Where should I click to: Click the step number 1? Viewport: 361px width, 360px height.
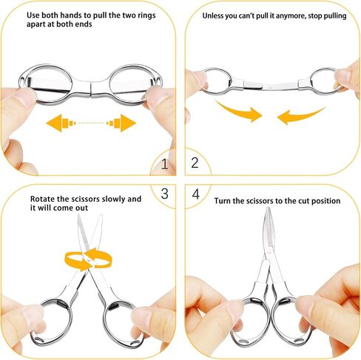click(x=164, y=163)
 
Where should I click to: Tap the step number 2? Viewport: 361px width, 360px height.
click(x=195, y=163)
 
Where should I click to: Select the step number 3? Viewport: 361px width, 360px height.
click(x=164, y=194)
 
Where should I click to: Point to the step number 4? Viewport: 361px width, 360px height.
click(x=195, y=194)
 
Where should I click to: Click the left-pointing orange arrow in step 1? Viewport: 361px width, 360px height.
click(x=61, y=123)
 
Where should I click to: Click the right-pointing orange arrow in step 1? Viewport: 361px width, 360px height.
click(x=121, y=123)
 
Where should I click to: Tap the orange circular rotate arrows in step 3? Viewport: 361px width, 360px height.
click(x=88, y=259)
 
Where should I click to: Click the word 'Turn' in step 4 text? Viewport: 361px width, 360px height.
click(x=223, y=201)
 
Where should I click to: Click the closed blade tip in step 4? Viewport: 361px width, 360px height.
click(x=268, y=208)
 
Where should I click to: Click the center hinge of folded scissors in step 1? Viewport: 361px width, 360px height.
click(x=90, y=89)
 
